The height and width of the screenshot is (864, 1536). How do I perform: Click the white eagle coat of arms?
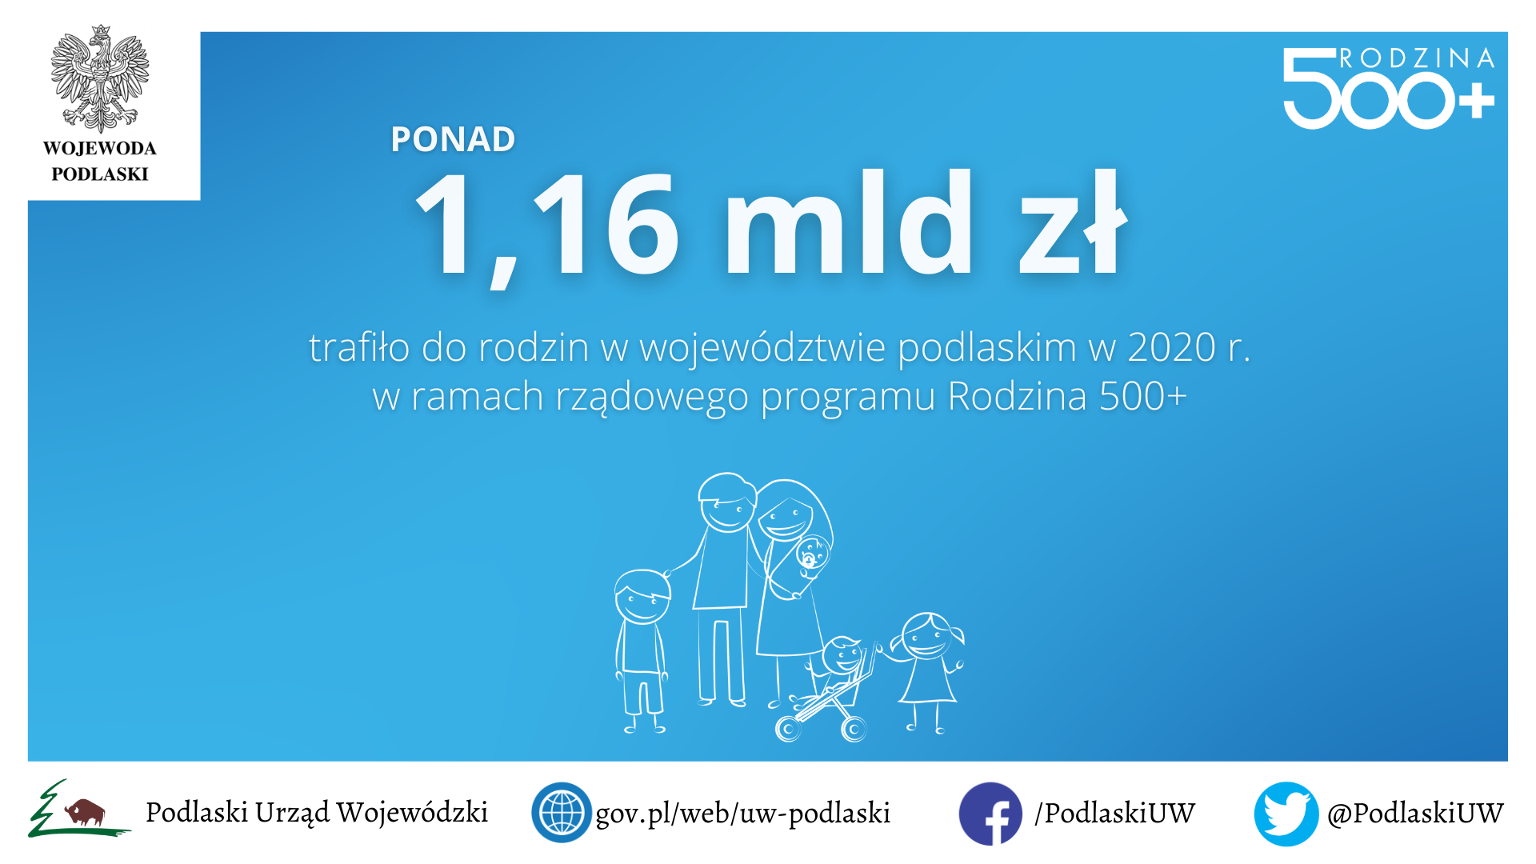pos(100,78)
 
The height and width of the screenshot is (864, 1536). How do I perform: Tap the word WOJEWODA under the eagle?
pos(100,148)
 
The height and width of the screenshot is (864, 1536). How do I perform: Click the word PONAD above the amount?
pos(453,139)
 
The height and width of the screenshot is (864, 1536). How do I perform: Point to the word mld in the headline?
pos(848,222)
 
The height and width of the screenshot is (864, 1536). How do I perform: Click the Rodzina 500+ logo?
pos(1389,87)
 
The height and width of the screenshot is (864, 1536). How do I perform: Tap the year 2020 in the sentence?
pos(1171,347)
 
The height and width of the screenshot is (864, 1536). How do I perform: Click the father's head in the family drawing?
pos(726,502)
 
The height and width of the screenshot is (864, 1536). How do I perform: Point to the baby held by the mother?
pos(810,555)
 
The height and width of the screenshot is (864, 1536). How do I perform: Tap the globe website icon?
pos(562,812)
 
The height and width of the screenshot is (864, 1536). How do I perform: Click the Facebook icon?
pos(990,814)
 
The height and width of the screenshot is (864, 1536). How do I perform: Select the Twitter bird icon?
pos(1286,814)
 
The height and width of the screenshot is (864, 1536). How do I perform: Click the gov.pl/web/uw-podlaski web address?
pos(742,813)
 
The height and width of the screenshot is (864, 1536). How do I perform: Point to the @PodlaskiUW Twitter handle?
pos(1415,813)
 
